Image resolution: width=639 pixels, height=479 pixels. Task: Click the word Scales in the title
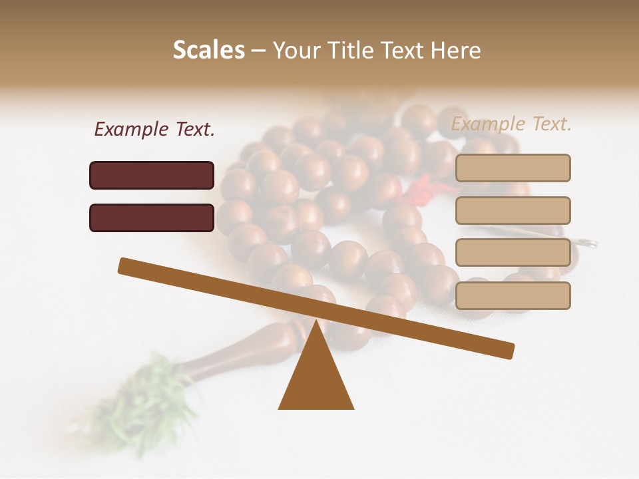click(x=208, y=50)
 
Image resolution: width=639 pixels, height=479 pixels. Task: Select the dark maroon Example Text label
click(x=154, y=129)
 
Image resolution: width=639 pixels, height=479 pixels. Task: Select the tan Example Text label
click(x=511, y=124)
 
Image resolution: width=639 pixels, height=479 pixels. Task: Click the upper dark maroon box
click(x=152, y=175)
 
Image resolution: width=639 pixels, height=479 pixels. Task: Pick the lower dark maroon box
click(x=152, y=218)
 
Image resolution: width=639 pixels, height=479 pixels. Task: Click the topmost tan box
click(x=513, y=168)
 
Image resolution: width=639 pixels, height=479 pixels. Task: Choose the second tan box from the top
click(x=513, y=210)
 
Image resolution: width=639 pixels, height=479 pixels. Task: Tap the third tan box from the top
click(x=513, y=253)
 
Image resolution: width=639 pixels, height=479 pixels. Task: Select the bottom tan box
click(x=513, y=295)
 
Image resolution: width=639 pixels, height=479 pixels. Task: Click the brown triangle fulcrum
click(x=316, y=379)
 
